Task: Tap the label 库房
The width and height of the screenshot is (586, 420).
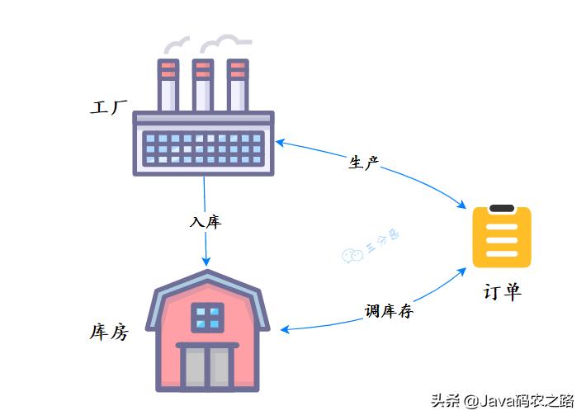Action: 108,333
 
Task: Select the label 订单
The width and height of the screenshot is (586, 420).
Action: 502,292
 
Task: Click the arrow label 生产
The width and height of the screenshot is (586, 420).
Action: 363,163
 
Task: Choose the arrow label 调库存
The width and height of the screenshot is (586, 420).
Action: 389,311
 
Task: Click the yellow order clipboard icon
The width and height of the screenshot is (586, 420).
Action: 502,238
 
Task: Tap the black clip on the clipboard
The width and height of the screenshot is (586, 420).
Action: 502,210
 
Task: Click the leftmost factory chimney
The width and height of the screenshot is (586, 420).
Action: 168,84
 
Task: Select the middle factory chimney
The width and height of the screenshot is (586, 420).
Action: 203,84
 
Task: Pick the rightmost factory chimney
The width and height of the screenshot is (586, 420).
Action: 238,84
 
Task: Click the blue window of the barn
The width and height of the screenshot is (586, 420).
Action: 208,316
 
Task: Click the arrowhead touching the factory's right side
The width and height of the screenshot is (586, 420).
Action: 281,142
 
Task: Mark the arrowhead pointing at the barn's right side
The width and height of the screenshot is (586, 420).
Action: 285,329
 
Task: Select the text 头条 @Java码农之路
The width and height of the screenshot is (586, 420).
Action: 502,401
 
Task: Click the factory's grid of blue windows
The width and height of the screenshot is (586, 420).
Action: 203,149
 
